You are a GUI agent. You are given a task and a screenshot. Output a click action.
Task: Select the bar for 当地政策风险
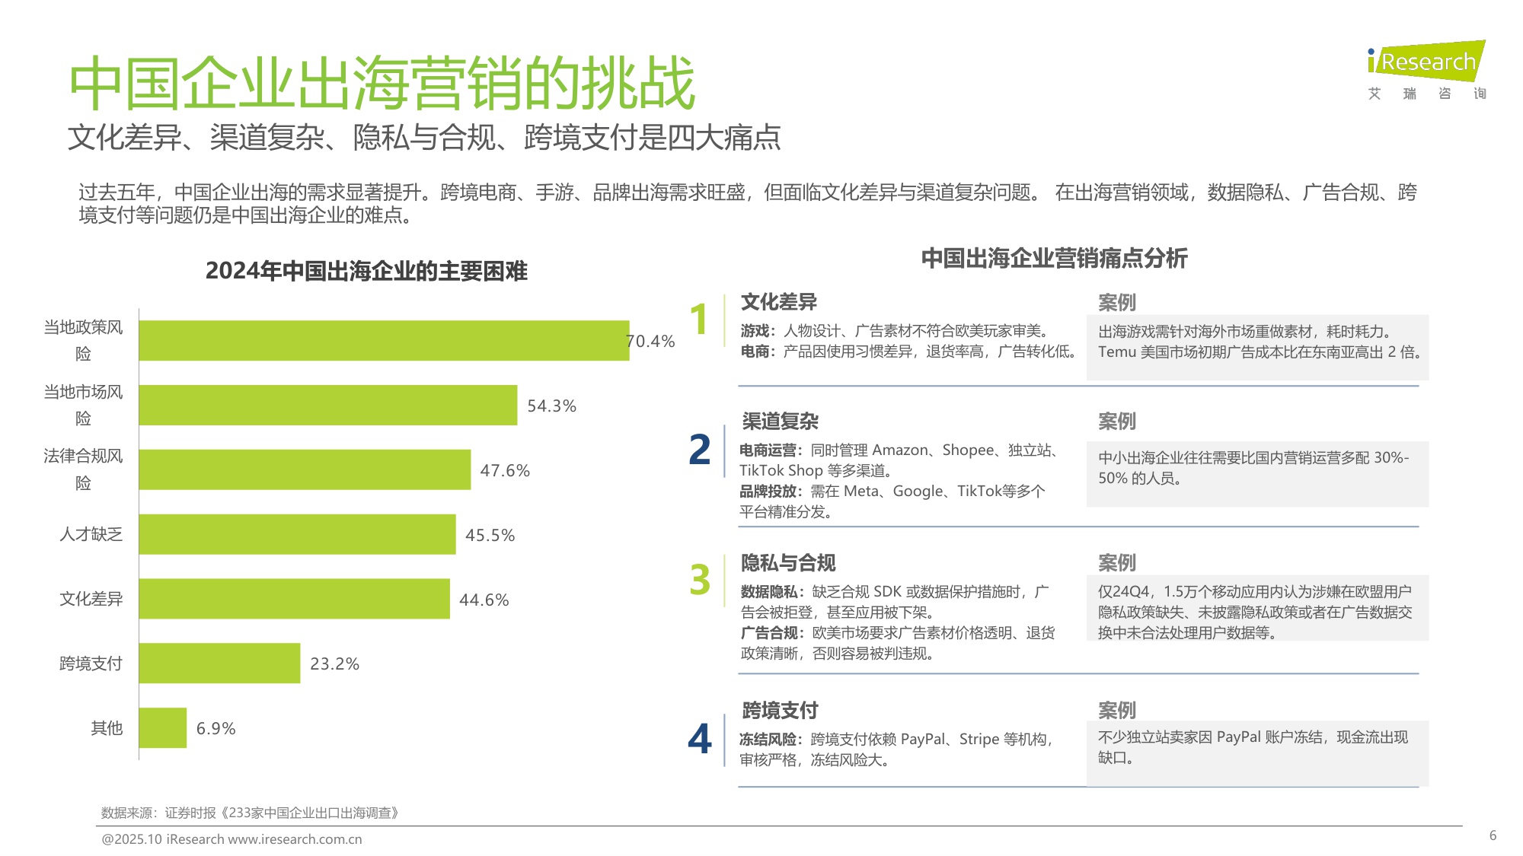(x=384, y=340)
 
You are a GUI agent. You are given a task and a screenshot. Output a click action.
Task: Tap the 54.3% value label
(x=551, y=406)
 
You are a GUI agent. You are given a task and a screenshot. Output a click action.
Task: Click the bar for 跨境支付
(x=219, y=663)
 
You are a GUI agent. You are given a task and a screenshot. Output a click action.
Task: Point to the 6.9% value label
(x=216, y=728)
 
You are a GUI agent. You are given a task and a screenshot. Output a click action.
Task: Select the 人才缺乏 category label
(x=91, y=534)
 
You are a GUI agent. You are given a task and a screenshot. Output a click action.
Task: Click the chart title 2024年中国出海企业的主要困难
(x=366, y=271)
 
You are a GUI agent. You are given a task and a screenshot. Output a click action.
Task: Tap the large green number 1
(x=699, y=320)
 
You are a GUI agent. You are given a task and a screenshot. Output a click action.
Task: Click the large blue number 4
(x=699, y=738)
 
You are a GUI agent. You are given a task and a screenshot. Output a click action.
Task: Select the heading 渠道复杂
(x=780, y=421)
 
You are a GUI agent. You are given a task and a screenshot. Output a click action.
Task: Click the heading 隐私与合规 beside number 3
(x=788, y=563)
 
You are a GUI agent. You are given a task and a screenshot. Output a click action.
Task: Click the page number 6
(x=1493, y=835)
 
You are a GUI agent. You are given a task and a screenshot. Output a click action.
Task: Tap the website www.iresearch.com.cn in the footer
(x=295, y=839)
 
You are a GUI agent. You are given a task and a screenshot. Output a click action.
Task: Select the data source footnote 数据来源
(x=250, y=813)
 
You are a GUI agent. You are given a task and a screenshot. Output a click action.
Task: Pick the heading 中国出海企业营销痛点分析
(x=1054, y=258)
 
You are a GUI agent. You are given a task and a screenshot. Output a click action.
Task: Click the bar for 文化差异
(x=294, y=599)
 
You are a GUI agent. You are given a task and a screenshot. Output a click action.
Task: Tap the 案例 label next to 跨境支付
(x=1116, y=710)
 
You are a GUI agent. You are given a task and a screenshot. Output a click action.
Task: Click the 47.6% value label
(x=504, y=470)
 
